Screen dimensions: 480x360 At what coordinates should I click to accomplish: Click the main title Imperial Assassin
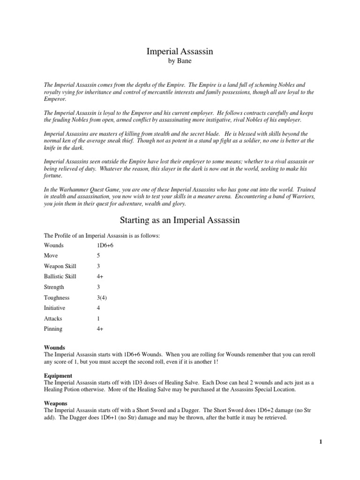point(180,52)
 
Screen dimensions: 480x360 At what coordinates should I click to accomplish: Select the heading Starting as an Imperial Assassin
point(180,220)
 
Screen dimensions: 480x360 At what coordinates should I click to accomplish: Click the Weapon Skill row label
point(60,266)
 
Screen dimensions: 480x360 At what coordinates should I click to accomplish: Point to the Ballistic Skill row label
point(60,277)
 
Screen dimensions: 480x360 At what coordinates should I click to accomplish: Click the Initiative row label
point(54,308)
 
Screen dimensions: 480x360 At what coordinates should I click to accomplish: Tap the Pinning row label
point(53,329)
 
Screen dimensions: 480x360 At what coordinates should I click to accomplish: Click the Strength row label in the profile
point(54,287)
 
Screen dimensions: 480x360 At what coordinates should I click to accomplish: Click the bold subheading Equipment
point(58,375)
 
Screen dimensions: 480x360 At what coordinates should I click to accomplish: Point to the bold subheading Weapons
point(56,403)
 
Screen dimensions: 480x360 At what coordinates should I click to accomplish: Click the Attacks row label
point(53,318)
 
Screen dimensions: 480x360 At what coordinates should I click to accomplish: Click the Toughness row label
point(56,298)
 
